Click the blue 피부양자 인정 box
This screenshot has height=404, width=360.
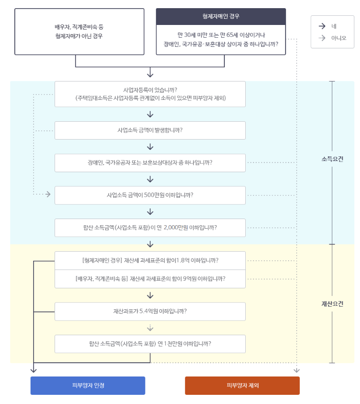(x=88, y=386)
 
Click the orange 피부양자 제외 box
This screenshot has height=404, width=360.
(x=242, y=386)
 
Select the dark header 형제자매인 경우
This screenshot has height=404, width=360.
(x=220, y=16)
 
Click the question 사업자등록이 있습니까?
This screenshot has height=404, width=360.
(x=150, y=94)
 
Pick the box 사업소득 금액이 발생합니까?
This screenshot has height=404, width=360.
(x=150, y=130)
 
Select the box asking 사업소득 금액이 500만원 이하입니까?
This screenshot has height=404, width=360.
(x=150, y=195)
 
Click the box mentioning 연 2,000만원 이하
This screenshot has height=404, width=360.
(x=150, y=228)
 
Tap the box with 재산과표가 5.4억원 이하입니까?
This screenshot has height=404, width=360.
(x=150, y=311)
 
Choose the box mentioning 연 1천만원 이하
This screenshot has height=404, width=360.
(x=150, y=343)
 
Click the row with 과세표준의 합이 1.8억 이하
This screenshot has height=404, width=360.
(x=150, y=260)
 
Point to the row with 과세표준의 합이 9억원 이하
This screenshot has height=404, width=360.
(x=150, y=279)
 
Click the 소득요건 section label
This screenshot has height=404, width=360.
(x=332, y=159)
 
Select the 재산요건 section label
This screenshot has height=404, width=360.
(x=332, y=304)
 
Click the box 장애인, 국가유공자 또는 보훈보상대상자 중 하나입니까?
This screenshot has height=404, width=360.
(x=150, y=163)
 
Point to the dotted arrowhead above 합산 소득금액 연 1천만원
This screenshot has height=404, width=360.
(x=150, y=329)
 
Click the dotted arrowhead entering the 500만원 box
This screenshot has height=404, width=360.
(x=48, y=194)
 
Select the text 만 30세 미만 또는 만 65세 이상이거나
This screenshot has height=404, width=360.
(x=220, y=35)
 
